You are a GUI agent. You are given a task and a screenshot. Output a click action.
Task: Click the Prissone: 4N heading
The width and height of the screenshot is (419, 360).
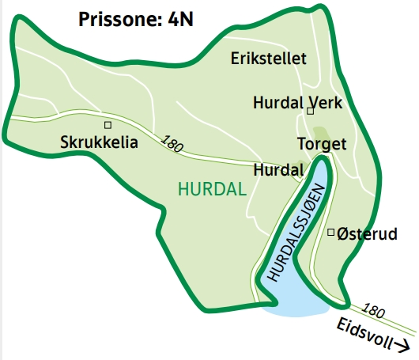[x=136, y=19]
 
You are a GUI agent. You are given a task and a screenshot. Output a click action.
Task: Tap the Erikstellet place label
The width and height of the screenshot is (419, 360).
[x=268, y=58]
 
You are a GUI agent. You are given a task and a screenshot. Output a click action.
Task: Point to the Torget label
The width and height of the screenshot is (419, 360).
[x=322, y=145]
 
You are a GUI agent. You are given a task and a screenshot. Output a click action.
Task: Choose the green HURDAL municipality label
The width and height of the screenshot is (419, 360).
[x=212, y=189]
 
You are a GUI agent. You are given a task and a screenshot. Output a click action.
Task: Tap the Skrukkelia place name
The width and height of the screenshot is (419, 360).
[x=99, y=143]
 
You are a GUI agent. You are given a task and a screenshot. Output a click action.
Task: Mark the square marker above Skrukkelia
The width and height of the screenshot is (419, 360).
[x=108, y=125]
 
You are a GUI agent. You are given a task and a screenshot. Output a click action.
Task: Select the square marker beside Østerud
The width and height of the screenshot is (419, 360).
[x=330, y=232]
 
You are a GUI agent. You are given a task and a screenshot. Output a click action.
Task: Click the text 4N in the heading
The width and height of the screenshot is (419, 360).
[x=179, y=19]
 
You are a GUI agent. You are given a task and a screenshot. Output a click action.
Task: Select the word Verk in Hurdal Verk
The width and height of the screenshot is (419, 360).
[x=324, y=103]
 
